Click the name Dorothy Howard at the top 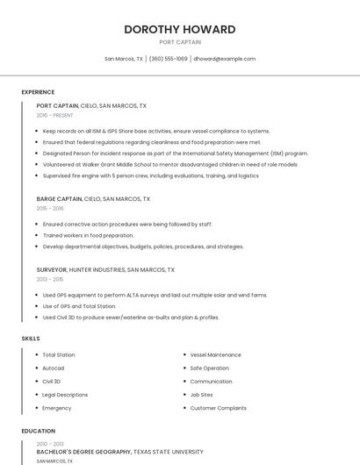(x=180, y=29)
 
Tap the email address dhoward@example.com (x=224, y=59)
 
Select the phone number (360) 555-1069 (x=169, y=59)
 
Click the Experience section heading (x=38, y=92)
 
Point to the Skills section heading (x=31, y=338)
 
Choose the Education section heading (x=39, y=431)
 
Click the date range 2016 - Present (x=55, y=115)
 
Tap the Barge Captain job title (x=57, y=199)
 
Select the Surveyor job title (x=52, y=270)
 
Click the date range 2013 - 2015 (x=50, y=280)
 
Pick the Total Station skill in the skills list (x=59, y=355)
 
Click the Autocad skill (x=53, y=368)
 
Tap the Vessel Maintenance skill (x=215, y=355)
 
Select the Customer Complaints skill (x=219, y=408)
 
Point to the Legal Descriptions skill (x=65, y=395)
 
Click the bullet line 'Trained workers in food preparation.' (x=88, y=235)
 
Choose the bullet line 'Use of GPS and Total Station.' (x=79, y=306)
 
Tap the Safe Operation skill (x=210, y=368)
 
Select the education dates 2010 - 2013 (x=50, y=444)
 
